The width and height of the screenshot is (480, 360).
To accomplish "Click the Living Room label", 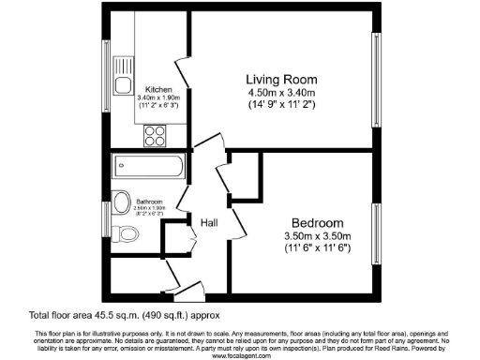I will (x=282, y=79).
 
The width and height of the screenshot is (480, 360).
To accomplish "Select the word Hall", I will (x=209, y=222).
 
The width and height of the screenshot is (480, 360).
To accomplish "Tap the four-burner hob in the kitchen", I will (x=155, y=134).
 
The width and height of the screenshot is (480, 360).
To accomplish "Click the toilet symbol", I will (x=123, y=233).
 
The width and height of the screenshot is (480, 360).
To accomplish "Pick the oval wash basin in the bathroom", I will (x=120, y=202).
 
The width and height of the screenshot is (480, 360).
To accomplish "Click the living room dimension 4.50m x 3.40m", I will (x=282, y=93).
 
